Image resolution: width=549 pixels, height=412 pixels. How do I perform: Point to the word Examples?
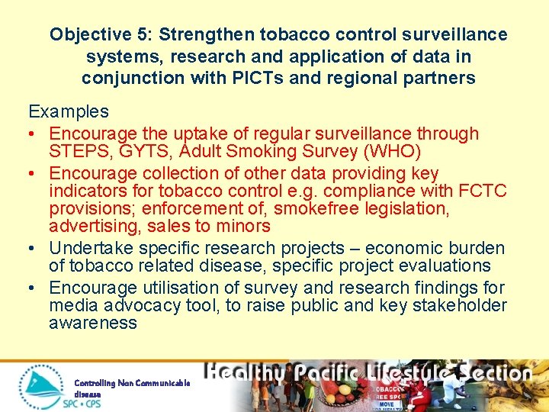pyautogui.click(x=69, y=111)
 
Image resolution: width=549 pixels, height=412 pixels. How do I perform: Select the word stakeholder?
pyautogui.click(x=457, y=306)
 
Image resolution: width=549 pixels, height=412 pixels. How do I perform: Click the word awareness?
pyautogui.click(x=93, y=323)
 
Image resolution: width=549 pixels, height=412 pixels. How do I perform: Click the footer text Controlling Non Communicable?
pyautogui.click(x=132, y=382)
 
